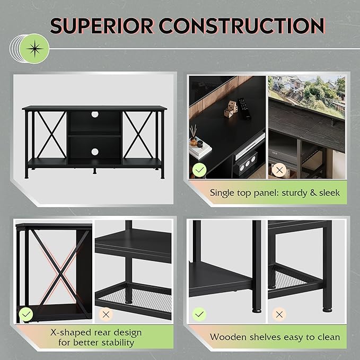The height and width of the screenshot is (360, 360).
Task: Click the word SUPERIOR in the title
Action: [x=102, y=26]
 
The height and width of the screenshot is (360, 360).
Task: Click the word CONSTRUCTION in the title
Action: [x=242, y=26]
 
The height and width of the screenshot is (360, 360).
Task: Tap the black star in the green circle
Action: [x=34, y=49]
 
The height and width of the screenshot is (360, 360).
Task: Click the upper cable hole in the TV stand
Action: [x=95, y=115]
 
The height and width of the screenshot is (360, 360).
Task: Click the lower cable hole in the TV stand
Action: [x=95, y=152]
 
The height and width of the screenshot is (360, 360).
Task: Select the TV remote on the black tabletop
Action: [x=244, y=108]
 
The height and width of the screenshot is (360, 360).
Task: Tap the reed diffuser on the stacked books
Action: [x=194, y=135]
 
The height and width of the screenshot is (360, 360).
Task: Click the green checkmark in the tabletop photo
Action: [x=199, y=170]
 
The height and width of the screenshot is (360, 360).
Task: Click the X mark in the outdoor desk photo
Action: [x=279, y=170]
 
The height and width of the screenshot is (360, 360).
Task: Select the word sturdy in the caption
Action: [x=293, y=193]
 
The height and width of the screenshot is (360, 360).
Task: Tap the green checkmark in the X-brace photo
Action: [x=26, y=314]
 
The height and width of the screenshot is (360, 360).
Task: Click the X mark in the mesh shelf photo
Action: [x=106, y=314]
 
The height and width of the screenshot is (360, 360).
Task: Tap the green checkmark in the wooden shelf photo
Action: [x=199, y=314]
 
